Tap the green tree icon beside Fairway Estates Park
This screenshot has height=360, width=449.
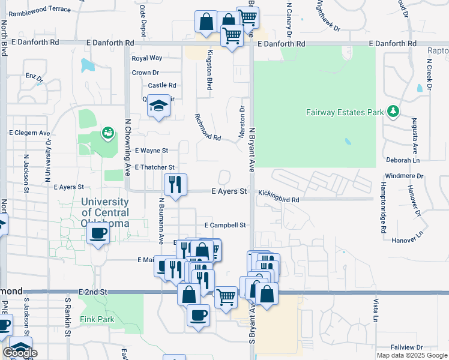click(x=393, y=111)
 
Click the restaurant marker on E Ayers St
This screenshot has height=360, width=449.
click(x=175, y=184)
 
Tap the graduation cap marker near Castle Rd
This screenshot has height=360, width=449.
click(x=158, y=106)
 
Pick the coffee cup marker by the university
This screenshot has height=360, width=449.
click(x=98, y=233)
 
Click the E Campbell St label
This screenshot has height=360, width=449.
click(x=225, y=225)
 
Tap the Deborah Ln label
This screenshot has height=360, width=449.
click(x=402, y=160)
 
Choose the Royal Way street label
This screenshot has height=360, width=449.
click(x=147, y=58)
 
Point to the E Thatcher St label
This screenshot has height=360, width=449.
click(x=155, y=167)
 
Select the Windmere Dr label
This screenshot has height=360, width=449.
click(x=403, y=176)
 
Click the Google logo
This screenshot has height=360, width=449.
click(x=20, y=353)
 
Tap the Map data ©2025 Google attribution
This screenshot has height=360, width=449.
click(x=411, y=355)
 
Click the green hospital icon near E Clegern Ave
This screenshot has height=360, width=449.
click(x=108, y=132)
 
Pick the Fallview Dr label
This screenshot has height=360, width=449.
click(x=407, y=347)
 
